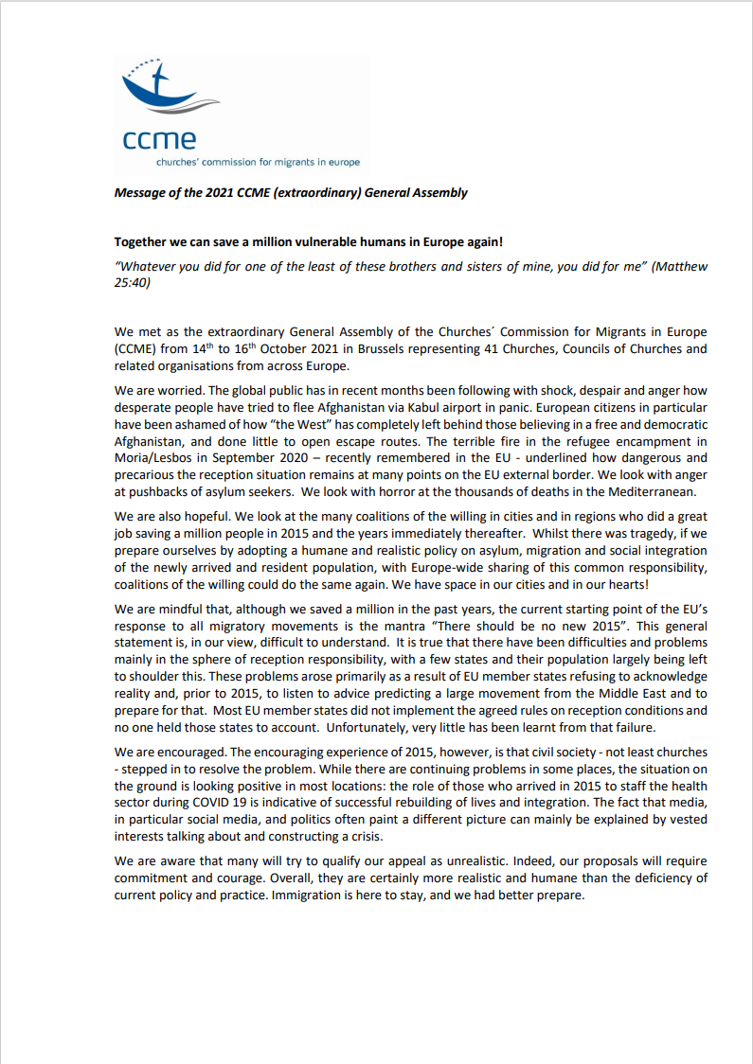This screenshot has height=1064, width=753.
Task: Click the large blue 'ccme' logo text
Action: click(x=160, y=140)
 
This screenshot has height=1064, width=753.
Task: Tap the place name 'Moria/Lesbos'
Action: click(x=155, y=459)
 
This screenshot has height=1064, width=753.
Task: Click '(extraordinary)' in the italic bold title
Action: click(x=317, y=193)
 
